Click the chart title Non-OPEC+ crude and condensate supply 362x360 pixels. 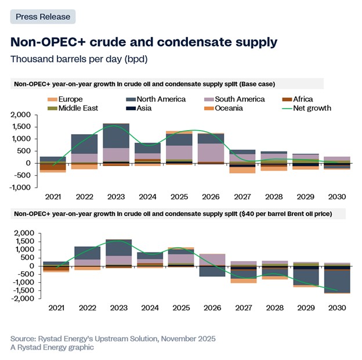click(144, 42)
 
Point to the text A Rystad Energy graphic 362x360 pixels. click(52, 347)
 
